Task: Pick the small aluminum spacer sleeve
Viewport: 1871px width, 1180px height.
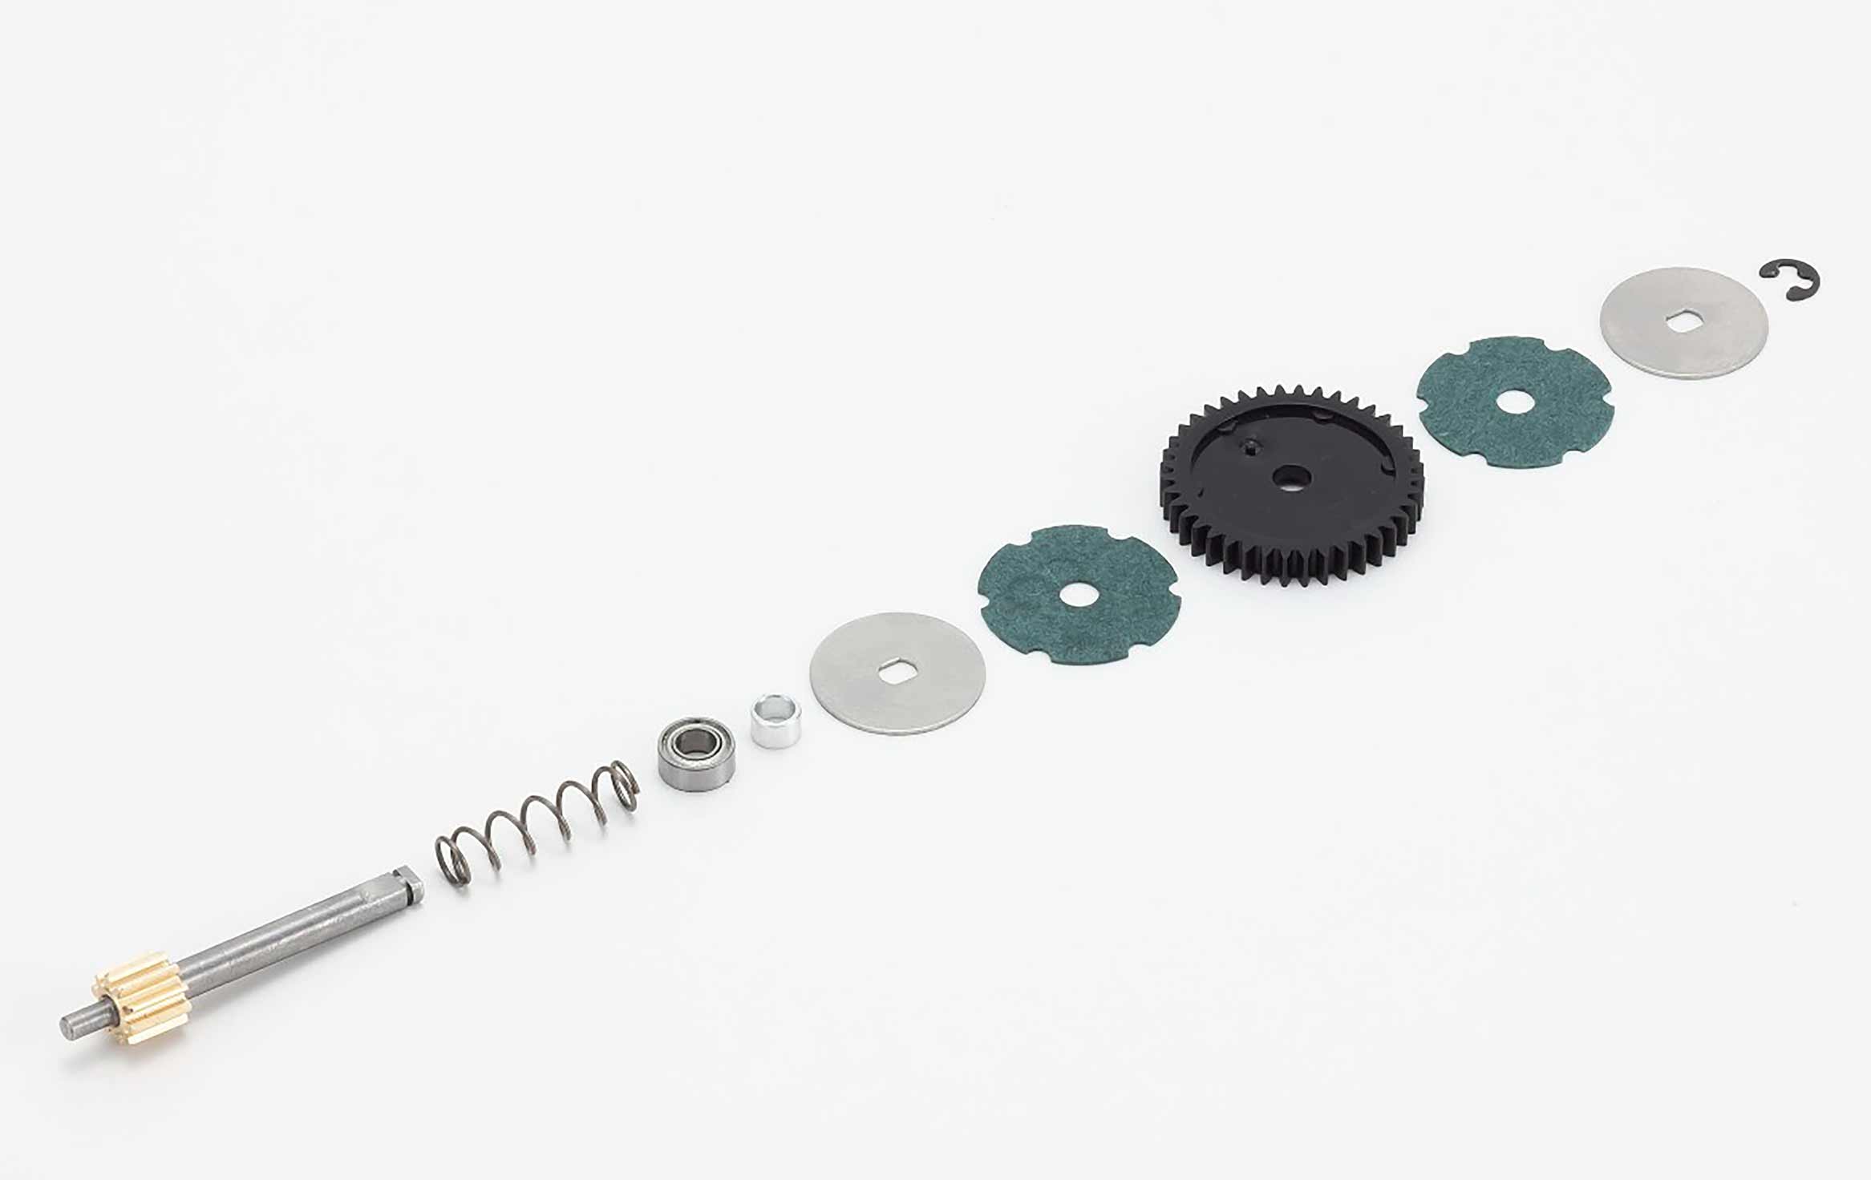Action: coord(775,721)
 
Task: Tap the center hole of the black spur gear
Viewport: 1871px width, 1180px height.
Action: coord(1291,477)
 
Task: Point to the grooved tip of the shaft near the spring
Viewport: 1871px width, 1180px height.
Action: coord(411,887)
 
